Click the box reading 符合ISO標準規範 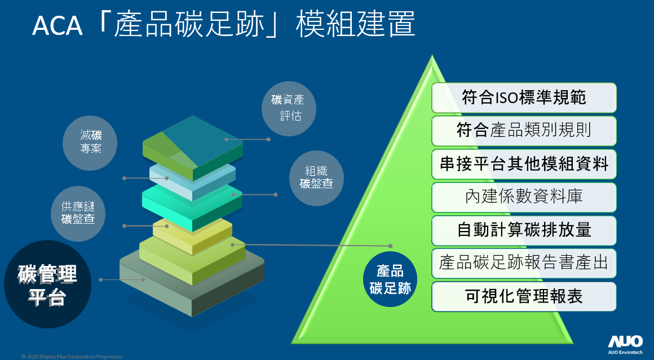tap(524, 97)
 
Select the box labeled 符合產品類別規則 tap(524, 131)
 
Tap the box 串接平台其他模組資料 tap(524, 164)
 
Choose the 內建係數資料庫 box tap(524, 197)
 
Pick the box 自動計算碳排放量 tap(524, 230)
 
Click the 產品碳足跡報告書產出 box tap(524, 263)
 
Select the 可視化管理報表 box tap(524, 297)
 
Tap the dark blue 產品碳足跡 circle tap(390, 279)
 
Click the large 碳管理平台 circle tap(47, 284)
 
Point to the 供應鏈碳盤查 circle tap(78, 214)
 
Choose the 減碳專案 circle tap(90, 143)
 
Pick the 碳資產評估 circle tap(289, 108)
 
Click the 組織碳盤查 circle tap(317, 178)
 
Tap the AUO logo tap(625, 344)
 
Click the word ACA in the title tap(57, 26)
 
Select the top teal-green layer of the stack tap(193, 147)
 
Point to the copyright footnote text tap(72, 357)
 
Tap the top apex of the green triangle tap(432, 55)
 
